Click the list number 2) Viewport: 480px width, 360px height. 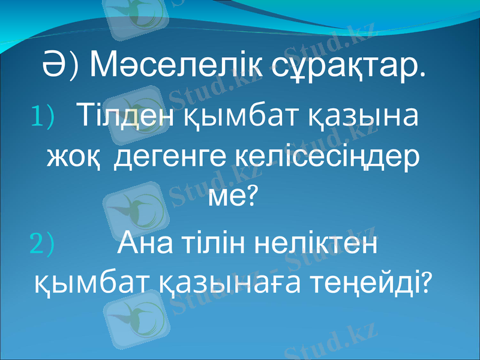[41, 244]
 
